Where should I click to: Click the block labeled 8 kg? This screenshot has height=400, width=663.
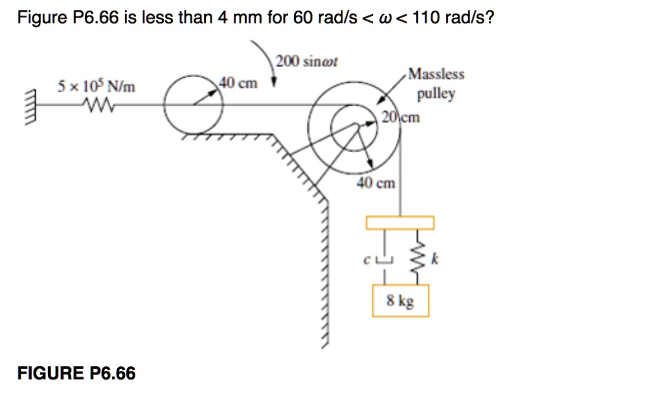(x=400, y=302)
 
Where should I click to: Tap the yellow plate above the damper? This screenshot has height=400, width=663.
(x=399, y=223)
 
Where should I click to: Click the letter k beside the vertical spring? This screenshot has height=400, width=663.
(x=435, y=260)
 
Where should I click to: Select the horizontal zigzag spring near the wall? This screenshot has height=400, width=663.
(x=96, y=104)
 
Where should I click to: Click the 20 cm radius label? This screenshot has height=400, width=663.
(x=401, y=117)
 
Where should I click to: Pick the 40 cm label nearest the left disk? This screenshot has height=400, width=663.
(x=238, y=83)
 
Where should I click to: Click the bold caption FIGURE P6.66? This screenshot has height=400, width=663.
(x=76, y=373)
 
